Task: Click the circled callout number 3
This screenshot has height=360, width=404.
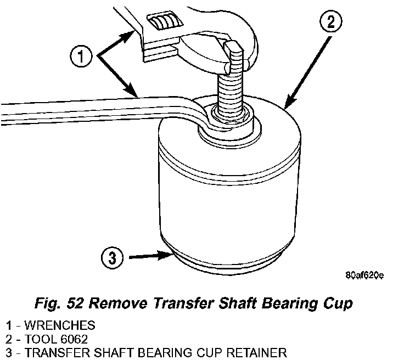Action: point(111,257)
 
